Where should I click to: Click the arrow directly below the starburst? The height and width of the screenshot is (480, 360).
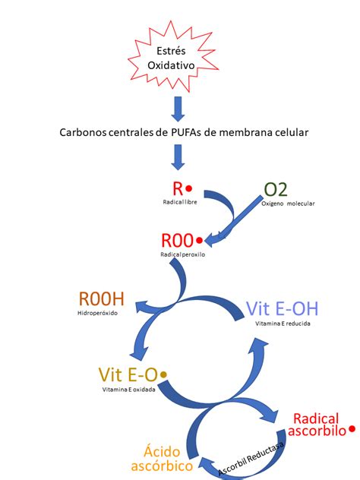pos(177,108)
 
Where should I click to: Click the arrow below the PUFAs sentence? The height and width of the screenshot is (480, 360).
pos(177,157)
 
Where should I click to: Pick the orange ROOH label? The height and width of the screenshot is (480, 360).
pos(101,299)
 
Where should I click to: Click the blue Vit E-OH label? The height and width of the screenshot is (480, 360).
pos(283,309)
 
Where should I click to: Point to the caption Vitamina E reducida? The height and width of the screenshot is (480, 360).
pos(283,324)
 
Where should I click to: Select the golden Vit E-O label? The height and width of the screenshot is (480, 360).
pos(127,374)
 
